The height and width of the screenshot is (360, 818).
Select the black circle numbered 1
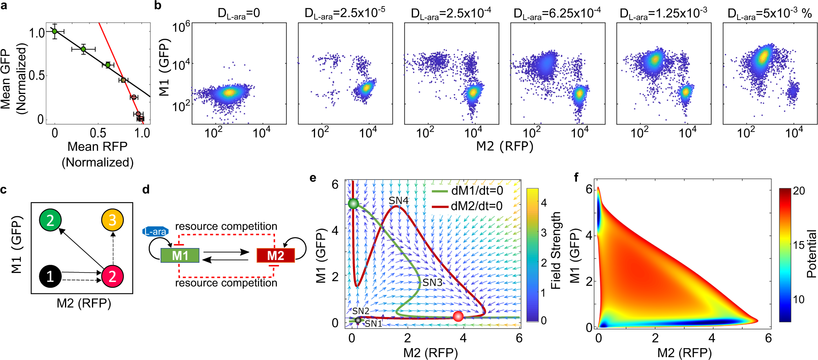[x=50, y=276]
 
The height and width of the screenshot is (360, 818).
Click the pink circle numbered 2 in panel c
[x=112, y=276]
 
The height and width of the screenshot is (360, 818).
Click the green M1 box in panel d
[x=180, y=255]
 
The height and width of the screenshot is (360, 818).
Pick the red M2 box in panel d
[x=275, y=255]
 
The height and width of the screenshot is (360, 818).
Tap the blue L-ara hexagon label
[x=155, y=232]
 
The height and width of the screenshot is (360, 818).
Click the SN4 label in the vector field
[x=398, y=200]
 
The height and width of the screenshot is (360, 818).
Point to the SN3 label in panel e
[x=432, y=282]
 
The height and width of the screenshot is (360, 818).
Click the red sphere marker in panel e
[x=458, y=316]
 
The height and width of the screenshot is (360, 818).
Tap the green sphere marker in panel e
[x=353, y=203]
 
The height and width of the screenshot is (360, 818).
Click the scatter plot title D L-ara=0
[x=239, y=13]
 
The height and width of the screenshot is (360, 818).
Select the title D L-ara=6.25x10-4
[x=557, y=13]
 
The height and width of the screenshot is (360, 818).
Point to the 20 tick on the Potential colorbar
[x=798, y=191]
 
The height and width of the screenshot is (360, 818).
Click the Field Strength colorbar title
[x=556, y=250]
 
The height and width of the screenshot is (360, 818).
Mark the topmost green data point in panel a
[x=54, y=31]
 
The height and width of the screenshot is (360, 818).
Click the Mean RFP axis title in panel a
[x=97, y=146]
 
